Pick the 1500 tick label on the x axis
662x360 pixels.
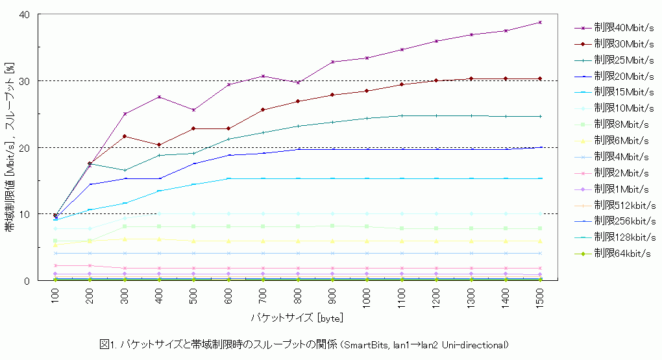click(x=540, y=298)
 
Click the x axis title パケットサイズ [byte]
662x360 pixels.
click(x=297, y=318)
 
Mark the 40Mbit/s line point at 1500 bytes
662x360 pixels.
click(x=540, y=22)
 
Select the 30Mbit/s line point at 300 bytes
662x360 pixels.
click(x=125, y=136)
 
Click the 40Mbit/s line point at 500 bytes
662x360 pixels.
click(x=194, y=110)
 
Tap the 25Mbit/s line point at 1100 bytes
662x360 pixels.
click(x=402, y=115)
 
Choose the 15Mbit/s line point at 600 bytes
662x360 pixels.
click(x=228, y=178)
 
